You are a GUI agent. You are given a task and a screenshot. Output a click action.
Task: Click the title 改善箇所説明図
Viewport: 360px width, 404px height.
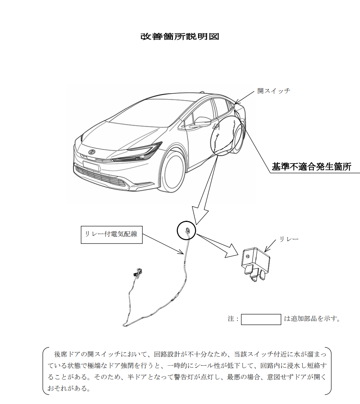(180, 37)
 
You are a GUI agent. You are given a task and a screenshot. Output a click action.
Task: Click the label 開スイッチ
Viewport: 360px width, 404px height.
(274, 91)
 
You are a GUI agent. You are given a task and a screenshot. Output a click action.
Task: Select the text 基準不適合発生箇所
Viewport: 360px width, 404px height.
(311, 167)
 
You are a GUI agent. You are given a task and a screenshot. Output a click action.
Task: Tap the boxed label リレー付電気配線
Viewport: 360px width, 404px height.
(112, 234)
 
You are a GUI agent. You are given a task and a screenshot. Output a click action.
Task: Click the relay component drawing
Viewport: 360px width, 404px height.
(256, 264)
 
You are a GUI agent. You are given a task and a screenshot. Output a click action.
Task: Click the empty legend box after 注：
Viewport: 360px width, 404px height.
(261, 319)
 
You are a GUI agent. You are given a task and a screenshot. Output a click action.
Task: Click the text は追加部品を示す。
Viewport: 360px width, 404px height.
(312, 319)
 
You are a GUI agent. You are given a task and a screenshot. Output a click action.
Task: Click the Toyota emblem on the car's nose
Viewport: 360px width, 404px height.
(91, 152)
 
